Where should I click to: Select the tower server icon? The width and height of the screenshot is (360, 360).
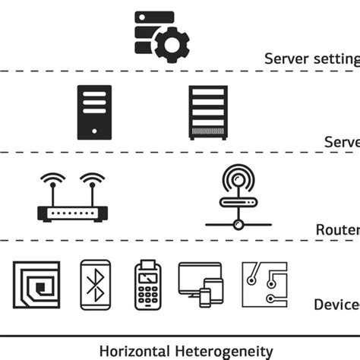[x=94, y=112]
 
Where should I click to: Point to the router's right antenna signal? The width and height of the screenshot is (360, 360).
[x=92, y=182]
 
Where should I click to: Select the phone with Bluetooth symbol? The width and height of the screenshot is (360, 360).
[x=96, y=286]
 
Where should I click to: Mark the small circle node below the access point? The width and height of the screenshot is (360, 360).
[x=238, y=225]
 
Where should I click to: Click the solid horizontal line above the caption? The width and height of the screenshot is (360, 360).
[x=180, y=335]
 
